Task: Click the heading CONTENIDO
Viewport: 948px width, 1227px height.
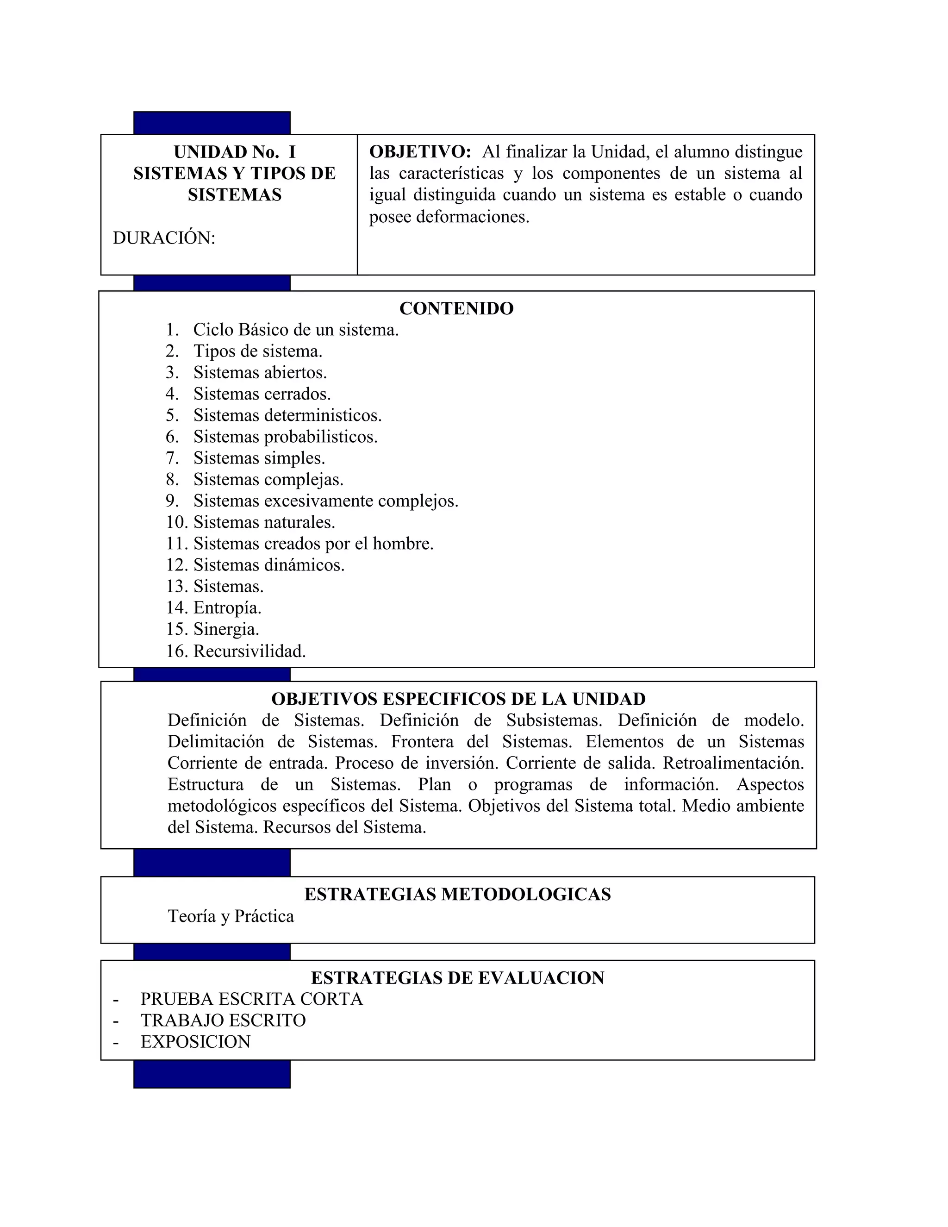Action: (x=456, y=308)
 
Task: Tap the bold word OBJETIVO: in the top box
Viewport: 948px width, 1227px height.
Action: (x=419, y=152)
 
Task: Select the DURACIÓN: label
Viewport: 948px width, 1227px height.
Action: (x=164, y=238)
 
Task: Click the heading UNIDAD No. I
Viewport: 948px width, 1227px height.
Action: (x=234, y=152)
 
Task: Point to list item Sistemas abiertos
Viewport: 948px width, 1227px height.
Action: (x=260, y=372)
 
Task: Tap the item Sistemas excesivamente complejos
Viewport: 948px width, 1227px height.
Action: (x=326, y=501)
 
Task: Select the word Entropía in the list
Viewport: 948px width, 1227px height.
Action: (x=227, y=608)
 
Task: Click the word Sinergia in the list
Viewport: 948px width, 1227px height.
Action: (x=226, y=629)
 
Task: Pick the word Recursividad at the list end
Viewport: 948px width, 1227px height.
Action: (x=249, y=651)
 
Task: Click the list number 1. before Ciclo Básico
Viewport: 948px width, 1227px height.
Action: (x=172, y=330)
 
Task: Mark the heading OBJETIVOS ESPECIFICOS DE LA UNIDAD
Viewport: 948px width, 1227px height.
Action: (x=458, y=699)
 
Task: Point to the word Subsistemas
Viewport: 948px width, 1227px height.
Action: (x=553, y=720)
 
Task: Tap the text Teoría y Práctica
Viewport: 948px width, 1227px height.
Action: (x=231, y=916)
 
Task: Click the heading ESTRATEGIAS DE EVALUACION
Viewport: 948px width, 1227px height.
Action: (x=457, y=978)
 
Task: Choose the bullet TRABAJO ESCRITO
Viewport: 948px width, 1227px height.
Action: (x=223, y=1020)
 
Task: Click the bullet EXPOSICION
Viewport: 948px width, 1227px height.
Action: (x=195, y=1042)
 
